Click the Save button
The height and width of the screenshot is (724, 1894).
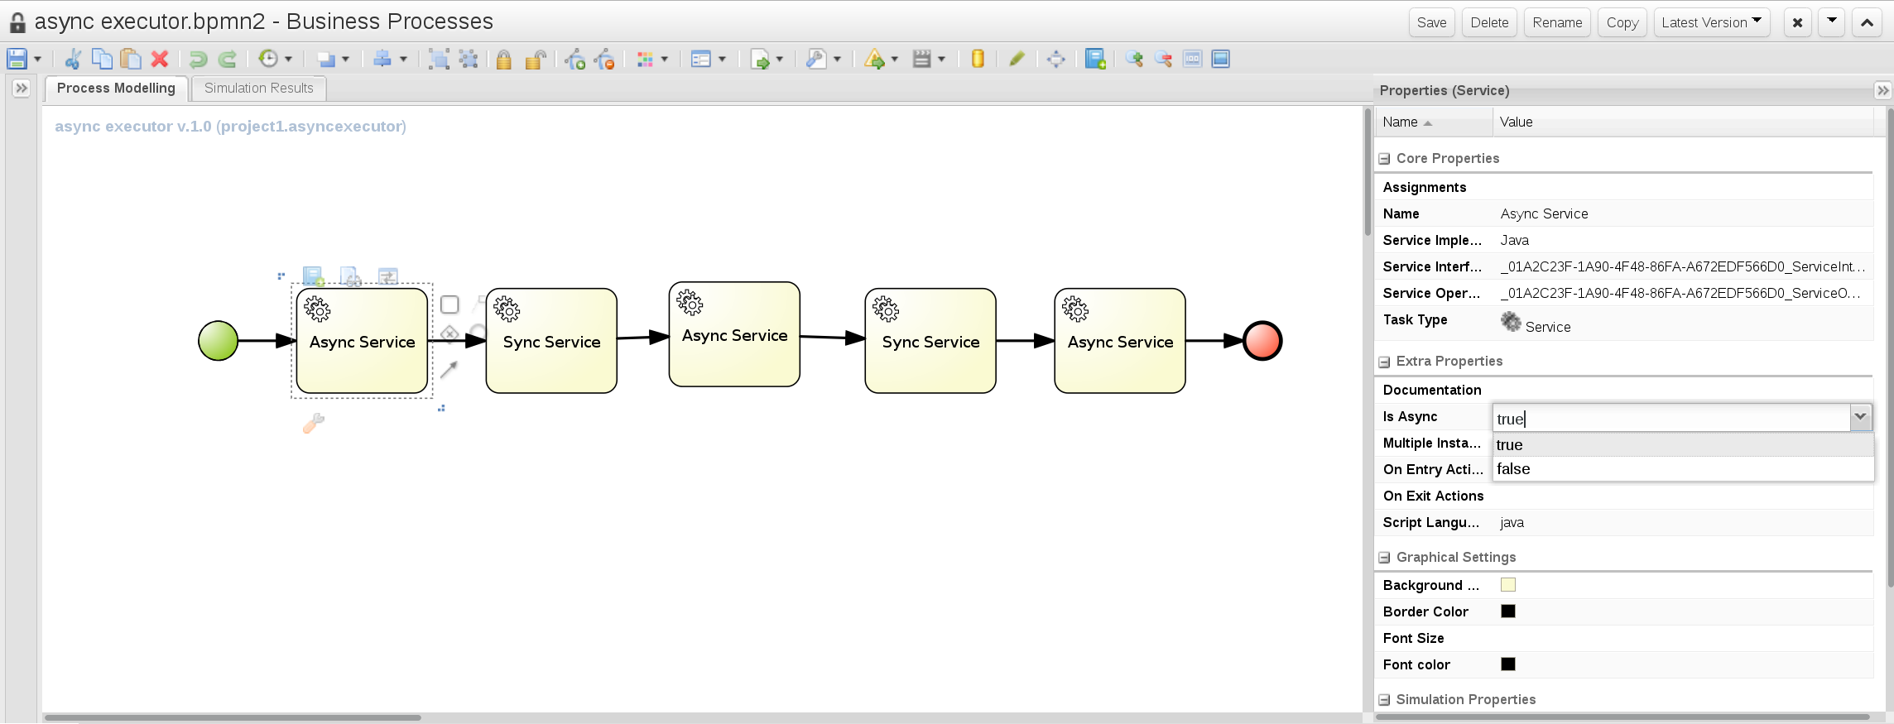(1431, 22)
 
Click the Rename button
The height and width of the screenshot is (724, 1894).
(1557, 22)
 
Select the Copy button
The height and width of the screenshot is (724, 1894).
(1622, 22)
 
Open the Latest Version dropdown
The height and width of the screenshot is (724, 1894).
(1711, 22)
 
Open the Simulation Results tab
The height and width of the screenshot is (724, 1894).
(258, 88)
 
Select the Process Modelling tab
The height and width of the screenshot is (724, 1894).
(116, 88)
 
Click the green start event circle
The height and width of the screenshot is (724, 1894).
(219, 341)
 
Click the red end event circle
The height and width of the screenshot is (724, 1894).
(1262, 341)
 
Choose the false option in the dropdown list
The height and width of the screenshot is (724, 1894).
(1513, 468)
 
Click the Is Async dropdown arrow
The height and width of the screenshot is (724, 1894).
(1860, 417)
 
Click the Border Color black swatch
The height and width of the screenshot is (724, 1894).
(1508, 611)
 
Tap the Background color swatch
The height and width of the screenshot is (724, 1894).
(1508, 585)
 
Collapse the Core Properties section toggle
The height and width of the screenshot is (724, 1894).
(1384, 159)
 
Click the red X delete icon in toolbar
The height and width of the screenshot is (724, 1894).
(160, 59)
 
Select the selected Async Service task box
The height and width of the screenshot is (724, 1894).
(362, 341)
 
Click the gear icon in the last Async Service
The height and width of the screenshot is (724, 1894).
(1075, 309)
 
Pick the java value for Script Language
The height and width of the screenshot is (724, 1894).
(1512, 523)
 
